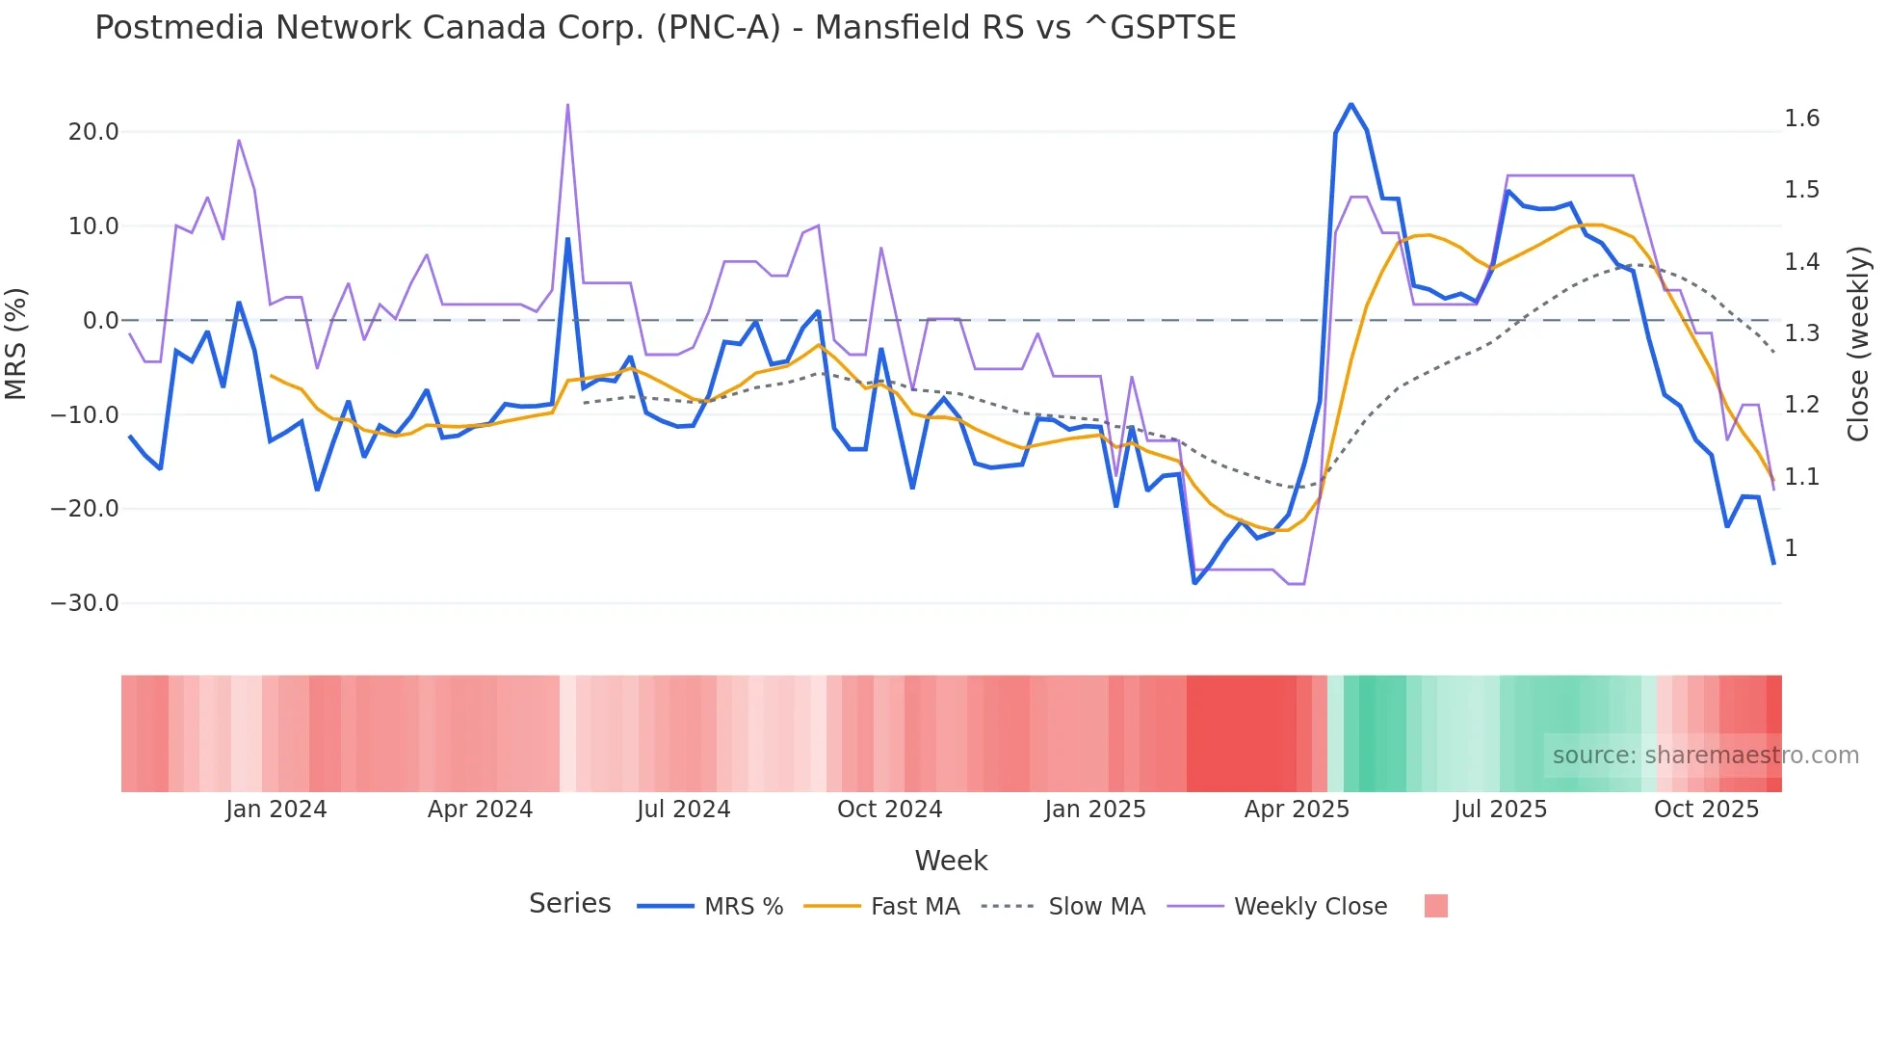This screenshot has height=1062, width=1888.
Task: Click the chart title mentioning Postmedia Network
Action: (665, 28)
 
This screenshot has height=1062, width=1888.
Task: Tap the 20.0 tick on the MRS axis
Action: (93, 132)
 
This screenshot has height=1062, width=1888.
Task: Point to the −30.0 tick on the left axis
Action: (85, 603)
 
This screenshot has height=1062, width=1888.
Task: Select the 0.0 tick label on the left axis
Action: (100, 321)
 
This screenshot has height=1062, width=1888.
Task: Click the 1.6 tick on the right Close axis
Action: (1801, 119)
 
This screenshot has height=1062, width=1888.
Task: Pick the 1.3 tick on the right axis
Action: (1801, 333)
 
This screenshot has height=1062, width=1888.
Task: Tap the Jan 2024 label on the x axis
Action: (276, 810)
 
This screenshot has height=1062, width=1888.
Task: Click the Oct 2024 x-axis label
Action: (889, 810)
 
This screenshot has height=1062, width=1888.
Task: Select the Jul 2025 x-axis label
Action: (1500, 810)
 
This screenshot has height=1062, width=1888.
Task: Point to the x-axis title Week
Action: (951, 861)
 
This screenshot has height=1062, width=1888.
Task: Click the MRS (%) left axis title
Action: (16, 344)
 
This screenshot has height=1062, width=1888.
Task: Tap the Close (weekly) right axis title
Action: (1858, 344)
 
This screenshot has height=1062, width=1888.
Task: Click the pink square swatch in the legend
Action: (1435, 906)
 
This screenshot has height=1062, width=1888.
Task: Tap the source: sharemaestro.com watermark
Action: (1705, 756)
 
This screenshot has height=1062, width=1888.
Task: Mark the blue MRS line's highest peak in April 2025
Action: (1350, 104)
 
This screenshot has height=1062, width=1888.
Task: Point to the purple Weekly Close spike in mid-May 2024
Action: (567, 105)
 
